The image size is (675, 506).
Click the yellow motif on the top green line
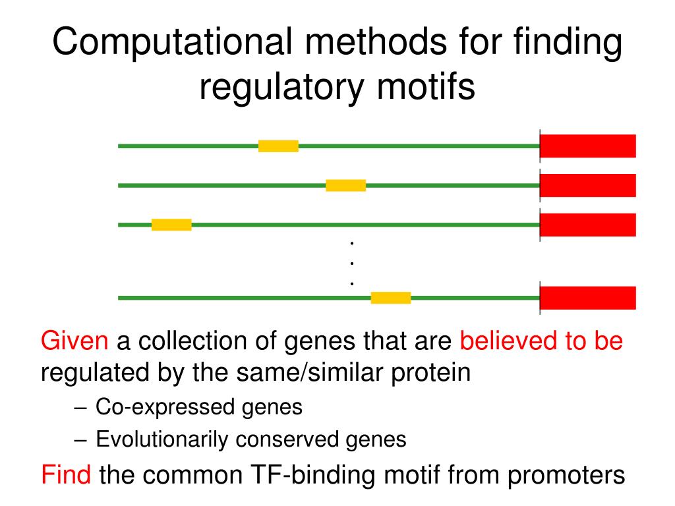[278, 146]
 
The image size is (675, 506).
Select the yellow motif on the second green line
[345, 185]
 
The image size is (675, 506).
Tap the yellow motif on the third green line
[171, 225]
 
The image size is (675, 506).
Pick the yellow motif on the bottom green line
[391, 298]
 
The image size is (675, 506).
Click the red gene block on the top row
[588, 146]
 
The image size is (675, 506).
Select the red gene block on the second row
[588, 185]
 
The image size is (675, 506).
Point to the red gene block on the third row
[588, 225]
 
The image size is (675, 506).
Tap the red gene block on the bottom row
[588, 298]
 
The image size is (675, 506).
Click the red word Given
[74, 341]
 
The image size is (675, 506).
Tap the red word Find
[66, 474]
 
